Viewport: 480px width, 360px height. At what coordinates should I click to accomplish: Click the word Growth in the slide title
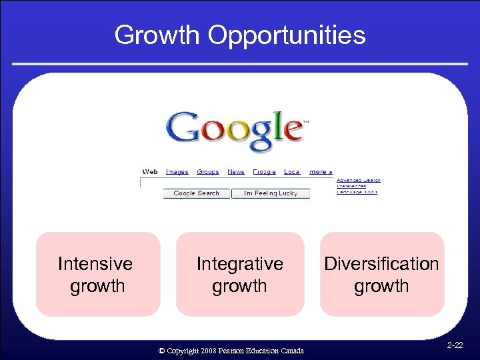[x=157, y=35]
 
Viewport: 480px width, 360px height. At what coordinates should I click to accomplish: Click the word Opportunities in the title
[x=287, y=35]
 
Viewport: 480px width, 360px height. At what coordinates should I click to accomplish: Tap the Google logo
[x=237, y=130]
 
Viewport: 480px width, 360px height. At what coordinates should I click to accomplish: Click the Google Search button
[x=196, y=193]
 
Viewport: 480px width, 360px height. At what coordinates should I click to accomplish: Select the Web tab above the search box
[x=150, y=172]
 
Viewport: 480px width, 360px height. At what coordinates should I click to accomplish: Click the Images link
[x=177, y=172]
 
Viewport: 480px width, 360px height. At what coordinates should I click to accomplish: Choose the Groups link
[x=207, y=172]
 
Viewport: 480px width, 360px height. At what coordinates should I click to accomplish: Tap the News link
[x=236, y=172]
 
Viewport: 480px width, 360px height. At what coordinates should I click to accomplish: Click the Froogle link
[x=264, y=172]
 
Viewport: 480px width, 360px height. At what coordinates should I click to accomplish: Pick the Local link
[x=291, y=172]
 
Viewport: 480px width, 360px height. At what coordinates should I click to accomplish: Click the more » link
[x=321, y=172]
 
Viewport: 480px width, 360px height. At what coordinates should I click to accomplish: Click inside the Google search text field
[x=237, y=183]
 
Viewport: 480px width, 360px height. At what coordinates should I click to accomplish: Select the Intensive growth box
[x=97, y=274]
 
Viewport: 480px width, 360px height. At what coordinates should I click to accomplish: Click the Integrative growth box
[x=239, y=274]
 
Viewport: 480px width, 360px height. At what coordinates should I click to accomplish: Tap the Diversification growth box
[x=381, y=274]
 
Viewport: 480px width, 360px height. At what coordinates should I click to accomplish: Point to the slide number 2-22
[x=455, y=345]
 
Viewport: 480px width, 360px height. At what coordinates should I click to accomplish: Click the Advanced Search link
[x=358, y=180]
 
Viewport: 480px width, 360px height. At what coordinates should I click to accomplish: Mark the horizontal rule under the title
[x=239, y=64]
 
